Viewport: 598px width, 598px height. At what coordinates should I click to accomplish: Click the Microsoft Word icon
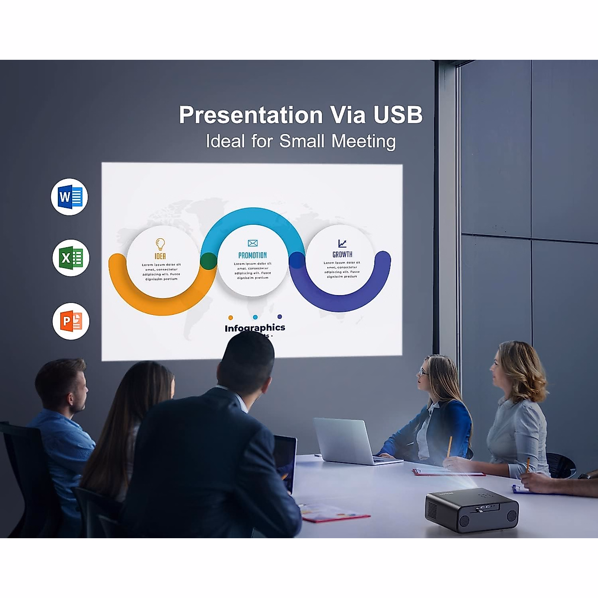coord(70,197)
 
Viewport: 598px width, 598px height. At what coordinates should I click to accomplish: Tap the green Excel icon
coord(71,258)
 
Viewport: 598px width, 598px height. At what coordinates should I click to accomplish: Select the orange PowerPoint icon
coord(71,321)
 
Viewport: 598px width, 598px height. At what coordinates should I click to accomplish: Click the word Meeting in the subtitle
coord(363,142)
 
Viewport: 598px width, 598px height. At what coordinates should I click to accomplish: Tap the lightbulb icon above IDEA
coord(160,244)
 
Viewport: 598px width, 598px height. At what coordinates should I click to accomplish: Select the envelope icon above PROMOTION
coord(253,243)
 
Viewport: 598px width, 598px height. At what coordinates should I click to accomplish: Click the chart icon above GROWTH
coord(342,243)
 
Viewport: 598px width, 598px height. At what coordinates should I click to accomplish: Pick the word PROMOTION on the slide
coord(253,255)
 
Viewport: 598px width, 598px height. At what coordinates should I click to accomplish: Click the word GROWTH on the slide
coord(342,254)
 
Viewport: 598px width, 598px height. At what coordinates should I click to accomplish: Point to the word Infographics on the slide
coord(255,328)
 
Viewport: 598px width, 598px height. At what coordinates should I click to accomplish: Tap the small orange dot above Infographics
coord(230,317)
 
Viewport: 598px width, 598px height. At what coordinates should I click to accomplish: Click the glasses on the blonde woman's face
coord(423,372)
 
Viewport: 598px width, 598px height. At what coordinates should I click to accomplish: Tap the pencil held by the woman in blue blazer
coord(449,446)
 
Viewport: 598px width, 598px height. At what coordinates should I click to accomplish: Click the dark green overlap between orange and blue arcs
coord(208,261)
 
